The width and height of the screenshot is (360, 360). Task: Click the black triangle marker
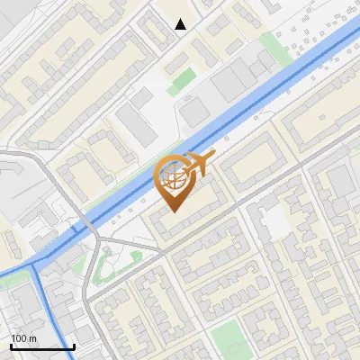tap(181, 24)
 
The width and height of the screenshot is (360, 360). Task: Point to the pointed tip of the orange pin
tap(174, 211)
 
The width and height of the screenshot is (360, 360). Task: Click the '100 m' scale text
tap(23, 338)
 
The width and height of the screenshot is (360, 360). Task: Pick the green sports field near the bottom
tap(229, 336)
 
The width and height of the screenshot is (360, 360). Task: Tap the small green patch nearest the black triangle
tap(181, 78)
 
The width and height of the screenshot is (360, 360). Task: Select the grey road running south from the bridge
tap(87, 297)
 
